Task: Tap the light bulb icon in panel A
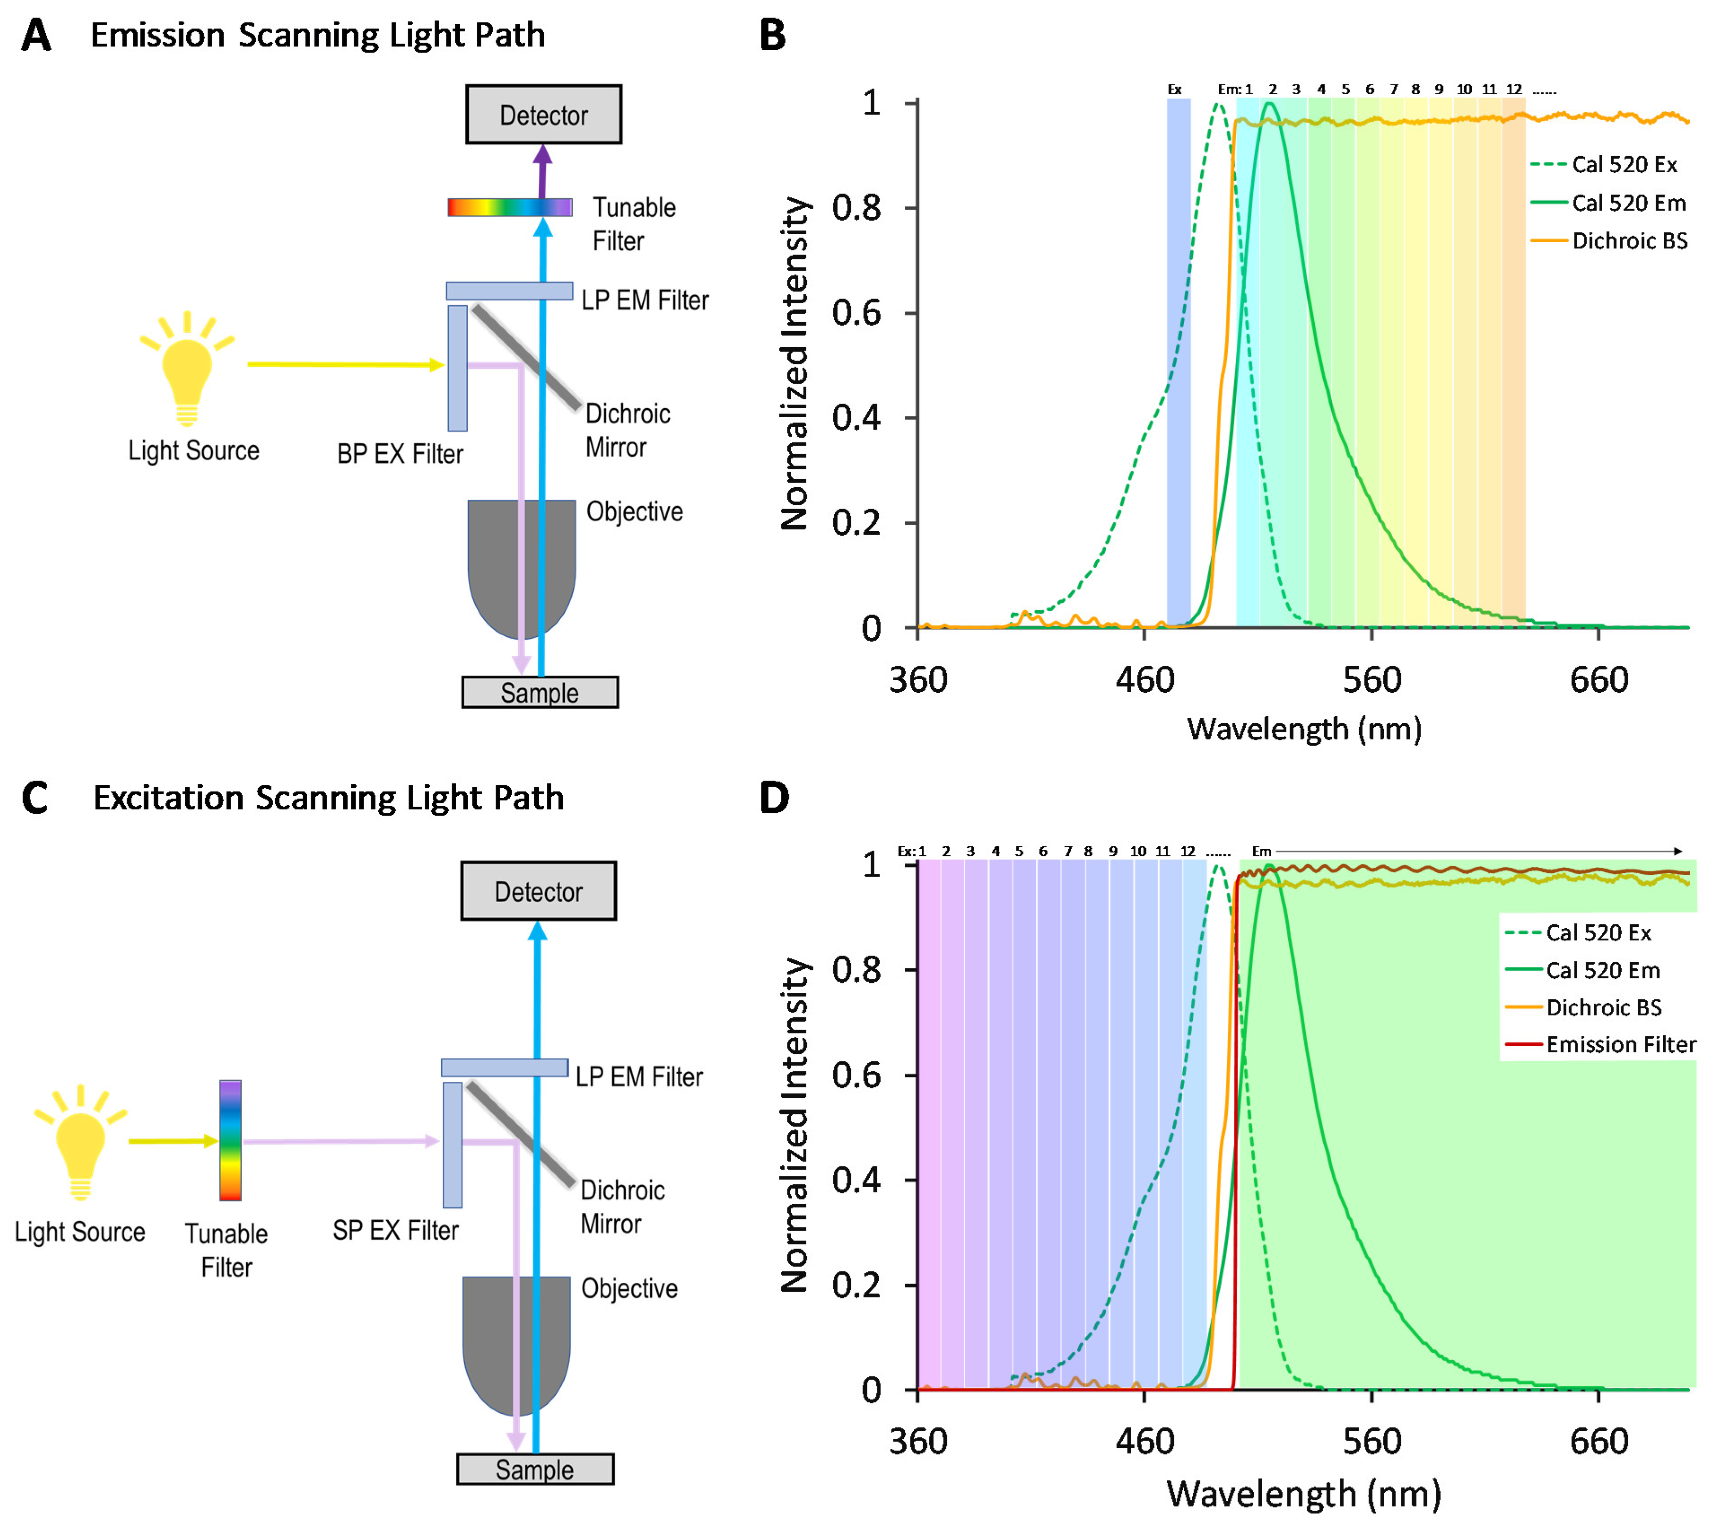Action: click(187, 370)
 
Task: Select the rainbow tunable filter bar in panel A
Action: click(510, 207)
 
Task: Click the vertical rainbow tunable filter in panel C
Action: click(230, 1140)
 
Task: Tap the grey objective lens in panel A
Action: click(521, 563)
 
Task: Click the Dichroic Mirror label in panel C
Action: click(622, 1206)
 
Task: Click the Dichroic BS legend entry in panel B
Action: click(1629, 240)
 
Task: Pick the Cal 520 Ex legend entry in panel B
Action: click(1624, 164)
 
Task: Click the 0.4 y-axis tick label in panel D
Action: click(856, 1180)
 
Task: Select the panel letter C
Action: click(35, 797)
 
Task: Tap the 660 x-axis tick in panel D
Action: click(1599, 1441)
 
